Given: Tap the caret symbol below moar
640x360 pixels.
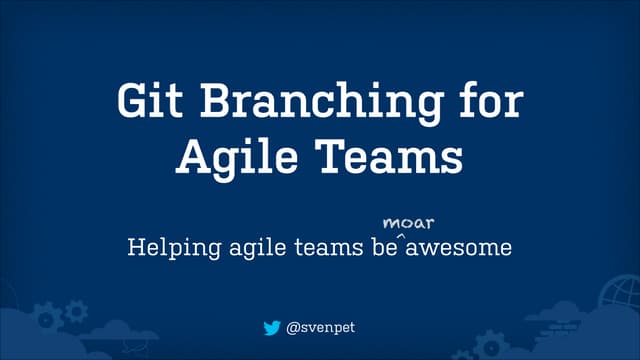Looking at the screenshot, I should (401, 236).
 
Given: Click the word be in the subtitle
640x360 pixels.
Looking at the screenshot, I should (377, 245).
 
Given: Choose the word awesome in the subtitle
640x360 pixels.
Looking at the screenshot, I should (459, 245).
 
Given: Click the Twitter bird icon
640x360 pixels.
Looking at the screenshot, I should (272, 327).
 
